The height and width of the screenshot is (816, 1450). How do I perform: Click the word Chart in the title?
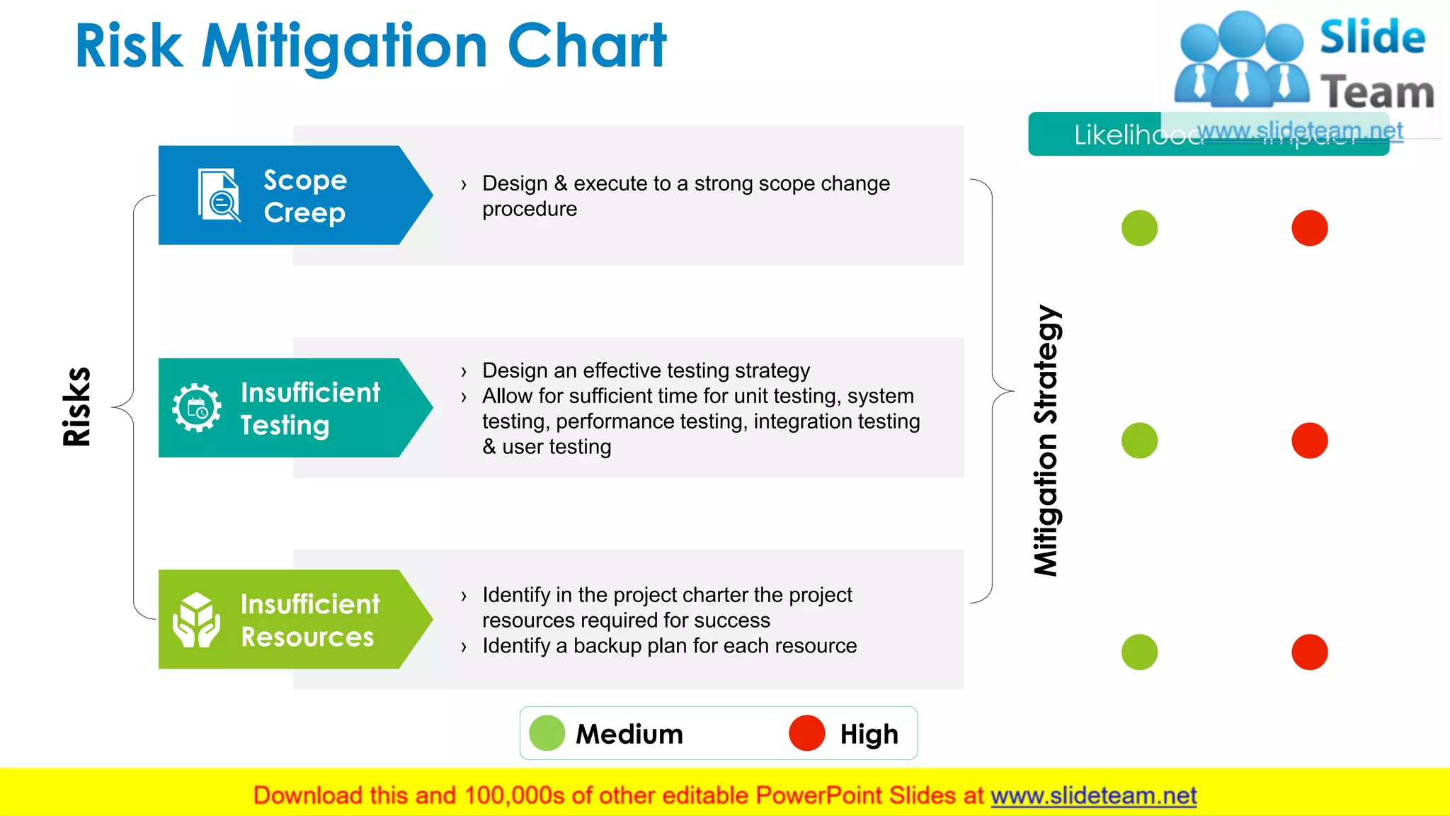(x=586, y=47)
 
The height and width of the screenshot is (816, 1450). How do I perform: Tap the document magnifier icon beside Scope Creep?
(x=219, y=195)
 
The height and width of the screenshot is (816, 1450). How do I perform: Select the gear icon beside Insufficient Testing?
(x=197, y=408)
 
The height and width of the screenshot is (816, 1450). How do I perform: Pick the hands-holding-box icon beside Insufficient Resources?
(x=196, y=620)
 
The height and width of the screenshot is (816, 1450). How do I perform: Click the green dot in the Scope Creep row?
(x=1139, y=228)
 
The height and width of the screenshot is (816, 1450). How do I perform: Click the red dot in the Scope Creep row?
(x=1309, y=228)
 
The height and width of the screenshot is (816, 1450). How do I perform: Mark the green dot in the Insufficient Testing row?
(x=1139, y=441)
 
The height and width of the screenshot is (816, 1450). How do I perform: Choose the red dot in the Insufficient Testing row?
(x=1309, y=441)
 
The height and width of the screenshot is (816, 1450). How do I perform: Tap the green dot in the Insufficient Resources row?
(x=1139, y=652)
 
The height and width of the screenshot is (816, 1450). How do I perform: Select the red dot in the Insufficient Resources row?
(x=1309, y=652)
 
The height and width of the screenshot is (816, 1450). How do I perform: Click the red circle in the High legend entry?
(x=807, y=733)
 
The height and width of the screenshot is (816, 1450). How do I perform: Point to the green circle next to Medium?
(x=547, y=733)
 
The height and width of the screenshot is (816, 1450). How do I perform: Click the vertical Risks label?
(x=76, y=407)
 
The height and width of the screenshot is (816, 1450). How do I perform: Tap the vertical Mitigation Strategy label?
(x=1046, y=441)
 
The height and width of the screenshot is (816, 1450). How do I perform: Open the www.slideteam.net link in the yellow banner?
(x=1093, y=796)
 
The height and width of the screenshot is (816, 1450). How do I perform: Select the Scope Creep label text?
(x=305, y=196)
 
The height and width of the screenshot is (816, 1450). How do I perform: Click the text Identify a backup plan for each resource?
(x=669, y=646)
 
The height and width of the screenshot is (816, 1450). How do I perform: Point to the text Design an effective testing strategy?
(x=646, y=370)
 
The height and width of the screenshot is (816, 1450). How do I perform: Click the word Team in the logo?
(x=1377, y=93)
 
